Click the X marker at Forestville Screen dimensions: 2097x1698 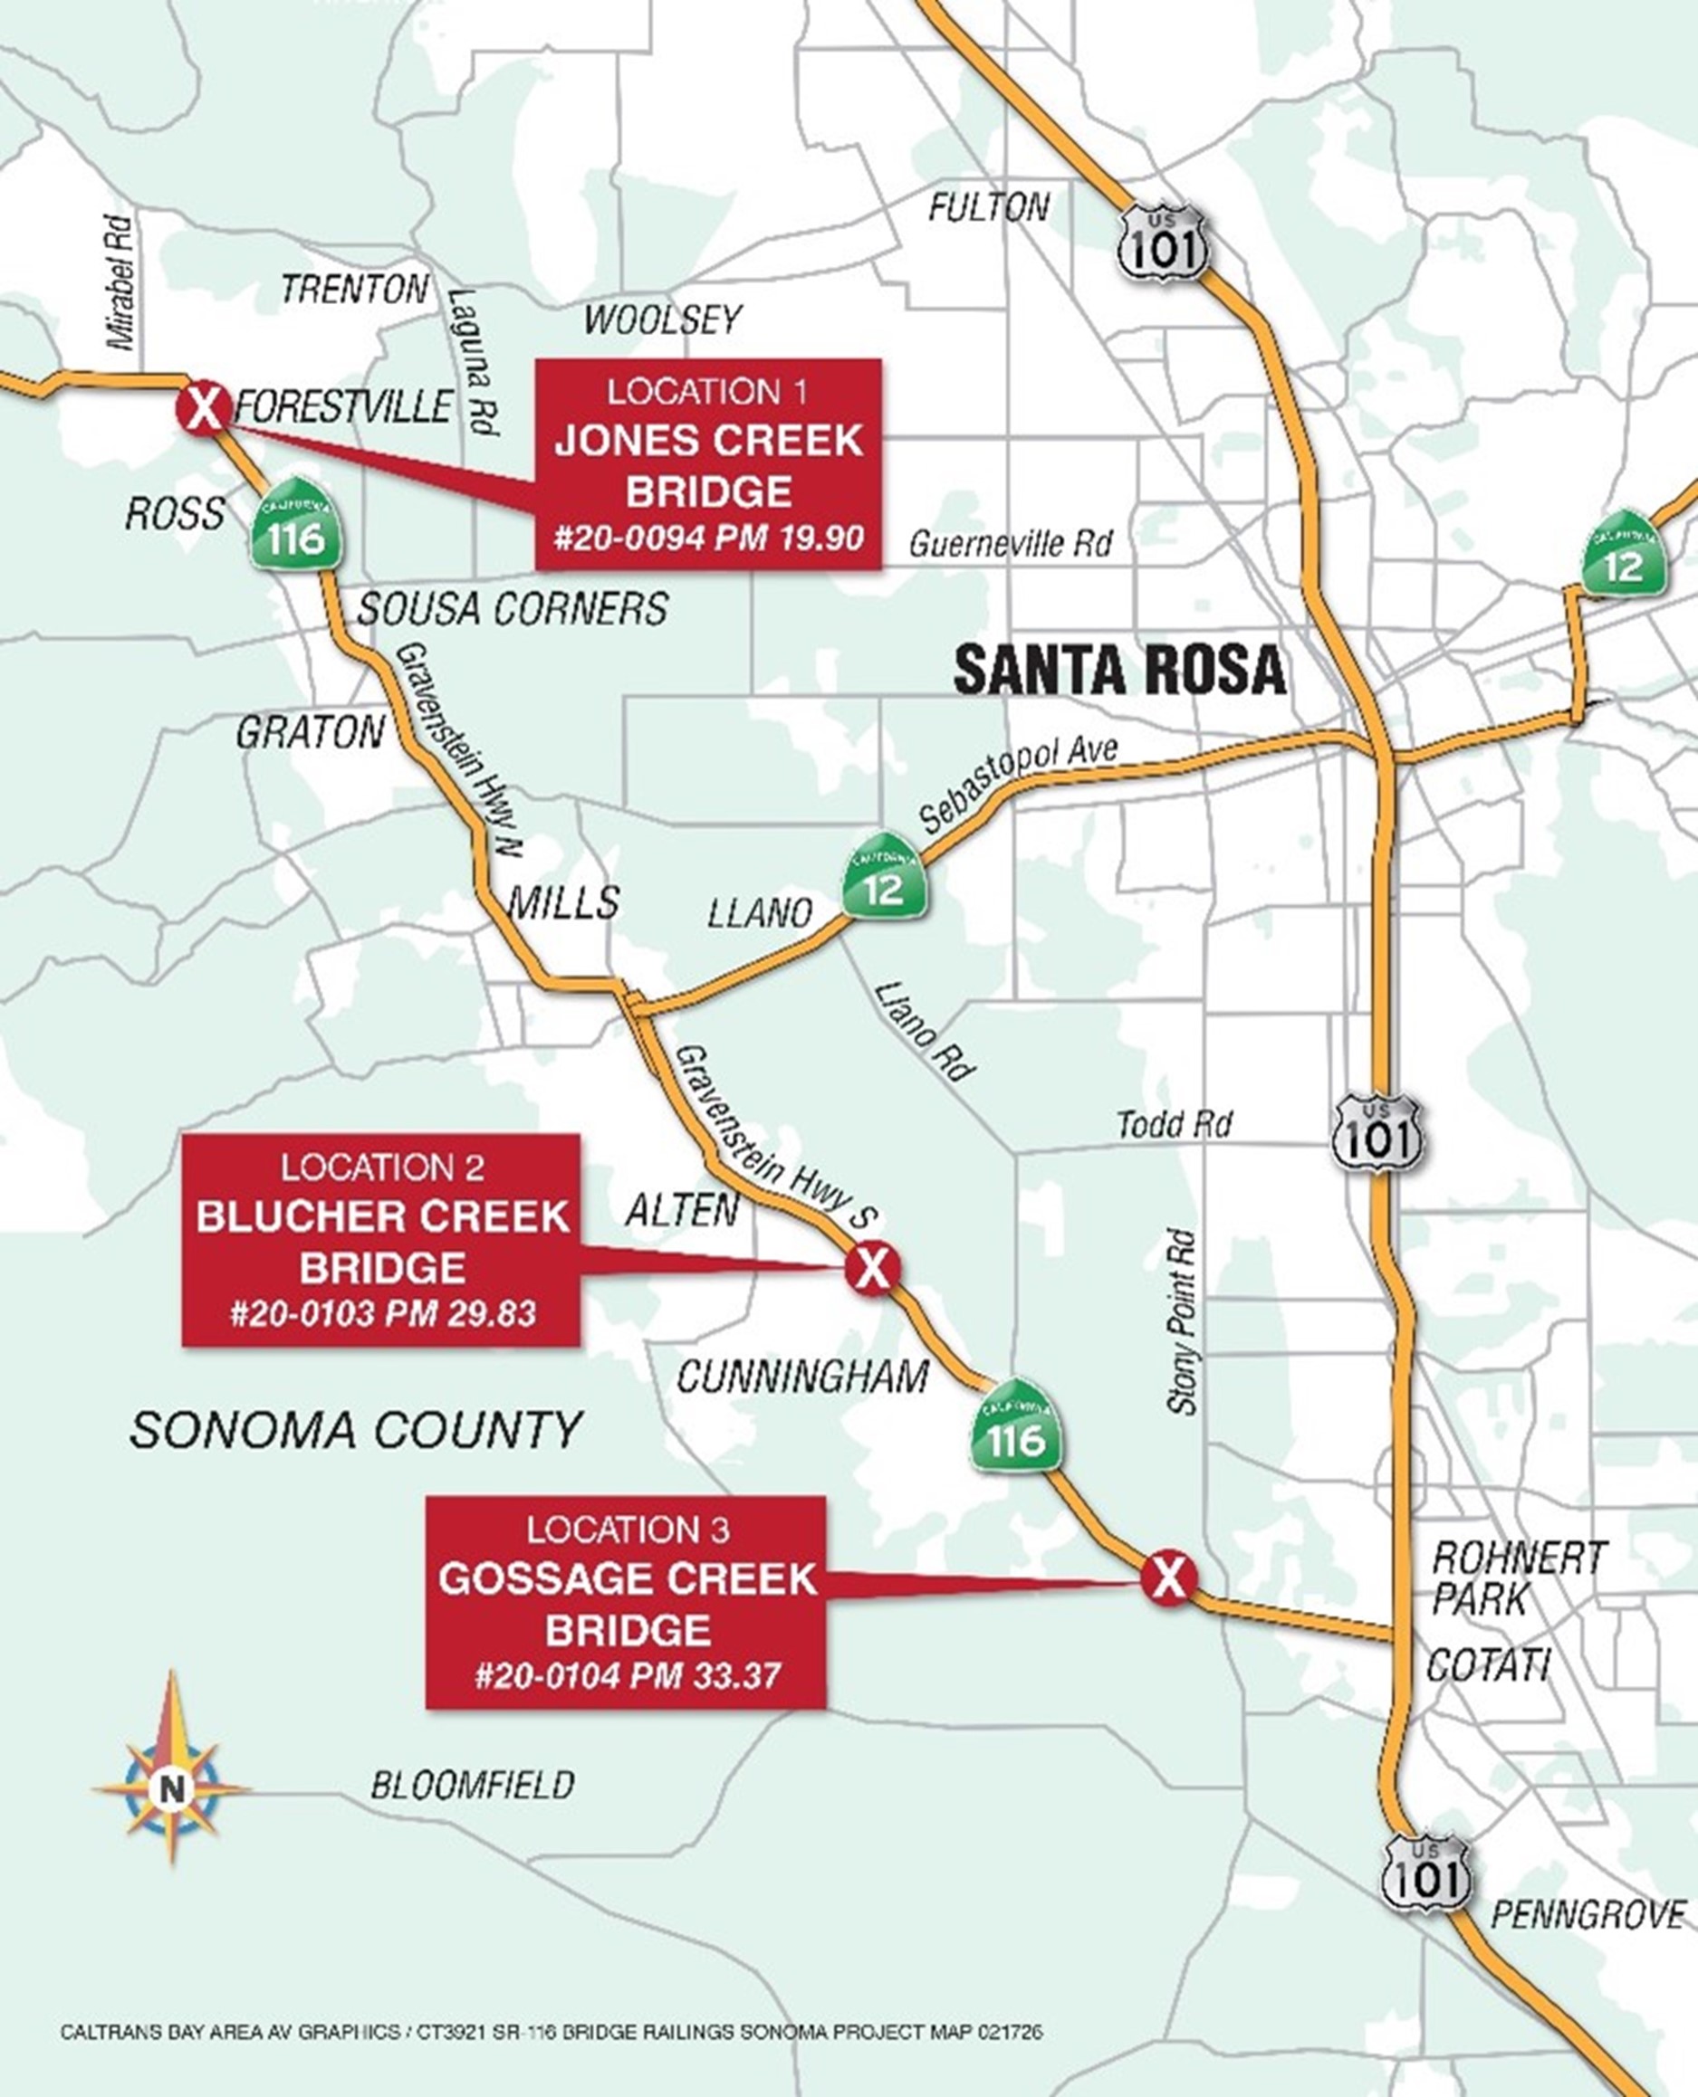tap(204, 406)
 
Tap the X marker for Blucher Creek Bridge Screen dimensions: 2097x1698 tap(872, 1267)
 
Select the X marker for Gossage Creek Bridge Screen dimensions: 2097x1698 tap(1168, 1576)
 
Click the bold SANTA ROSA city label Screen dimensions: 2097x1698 tap(1119, 671)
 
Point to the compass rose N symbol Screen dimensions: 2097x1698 tap(172, 1790)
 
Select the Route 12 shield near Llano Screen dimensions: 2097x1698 tap(884, 876)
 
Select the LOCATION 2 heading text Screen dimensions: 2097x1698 tap(381, 1168)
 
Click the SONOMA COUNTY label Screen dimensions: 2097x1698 tap(356, 1431)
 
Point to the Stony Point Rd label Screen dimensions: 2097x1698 tap(1183, 1321)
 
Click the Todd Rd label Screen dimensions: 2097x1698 tap(1174, 1124)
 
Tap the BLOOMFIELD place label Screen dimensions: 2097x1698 tap(472, 1785)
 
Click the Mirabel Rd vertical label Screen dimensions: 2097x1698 tap(122, 283)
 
